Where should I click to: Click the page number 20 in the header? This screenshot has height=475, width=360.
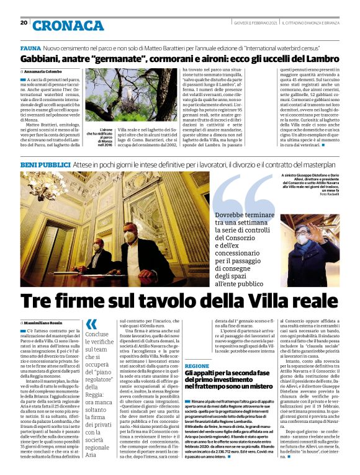pos(24,22)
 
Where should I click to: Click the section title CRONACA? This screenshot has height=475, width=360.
pos(68,25)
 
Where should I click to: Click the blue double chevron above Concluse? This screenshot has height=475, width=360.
pos(91,324)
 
